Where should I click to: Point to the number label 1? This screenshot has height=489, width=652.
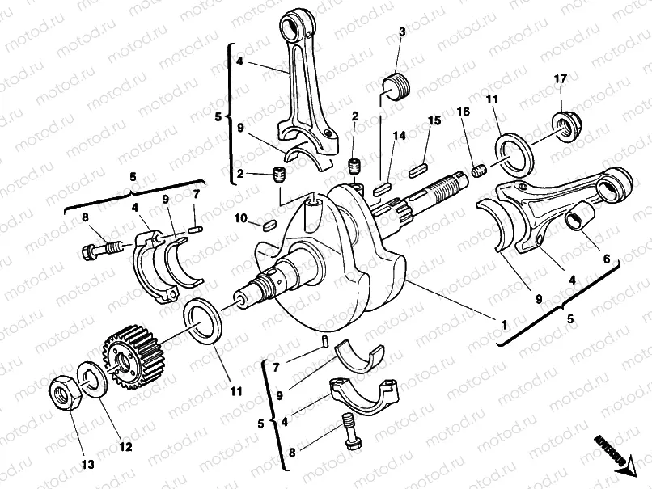(x=502, y=325)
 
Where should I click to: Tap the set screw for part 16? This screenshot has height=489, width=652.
(x=480, y=171)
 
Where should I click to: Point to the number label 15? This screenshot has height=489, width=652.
(x=434, y=120)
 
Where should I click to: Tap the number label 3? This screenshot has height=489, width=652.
(x=402, y=32)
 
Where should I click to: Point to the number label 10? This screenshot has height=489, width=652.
(x=240, y=218)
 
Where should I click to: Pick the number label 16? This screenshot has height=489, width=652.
(x=463, y=111)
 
